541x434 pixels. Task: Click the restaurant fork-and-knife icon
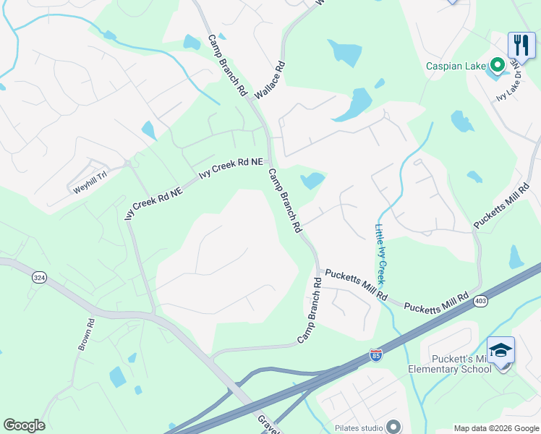[521, 45]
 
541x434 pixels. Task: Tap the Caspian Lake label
[456, 67]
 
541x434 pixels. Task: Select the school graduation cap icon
[500, 350]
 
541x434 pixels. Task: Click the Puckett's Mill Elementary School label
[450, 364]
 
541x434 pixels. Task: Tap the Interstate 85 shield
[375, 355]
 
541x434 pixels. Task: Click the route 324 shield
[38, 277]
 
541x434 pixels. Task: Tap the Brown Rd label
[85, 336]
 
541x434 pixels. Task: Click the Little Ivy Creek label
[380, 253]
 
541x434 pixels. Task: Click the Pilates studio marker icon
[393, 426]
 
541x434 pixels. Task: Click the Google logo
[24, 425]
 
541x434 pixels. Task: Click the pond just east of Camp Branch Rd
[312, 180]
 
